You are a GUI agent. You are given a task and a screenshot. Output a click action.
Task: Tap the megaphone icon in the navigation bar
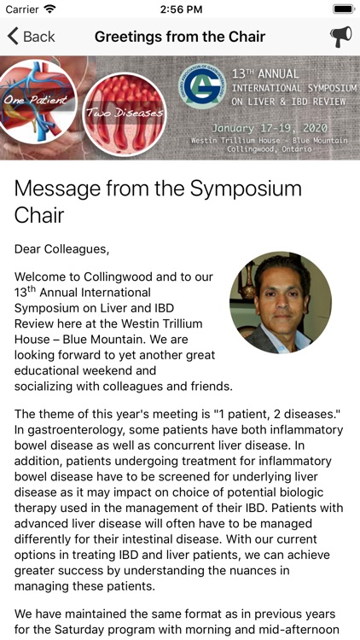point(340,37)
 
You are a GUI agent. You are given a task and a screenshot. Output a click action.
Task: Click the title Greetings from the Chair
point(180,37)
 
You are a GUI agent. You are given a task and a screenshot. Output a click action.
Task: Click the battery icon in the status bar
point(343,9)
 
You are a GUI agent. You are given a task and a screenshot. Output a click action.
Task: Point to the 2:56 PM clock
point(180,9)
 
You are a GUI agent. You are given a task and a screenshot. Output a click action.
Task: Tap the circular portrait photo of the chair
point(281,303)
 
